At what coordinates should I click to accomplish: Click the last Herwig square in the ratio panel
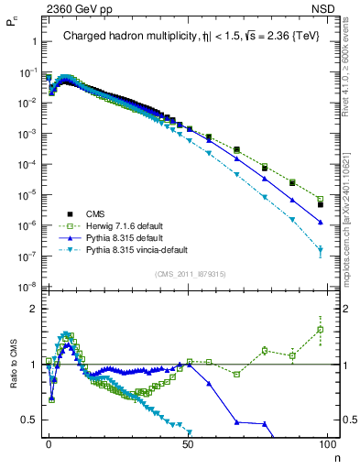(x=320, y=330)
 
